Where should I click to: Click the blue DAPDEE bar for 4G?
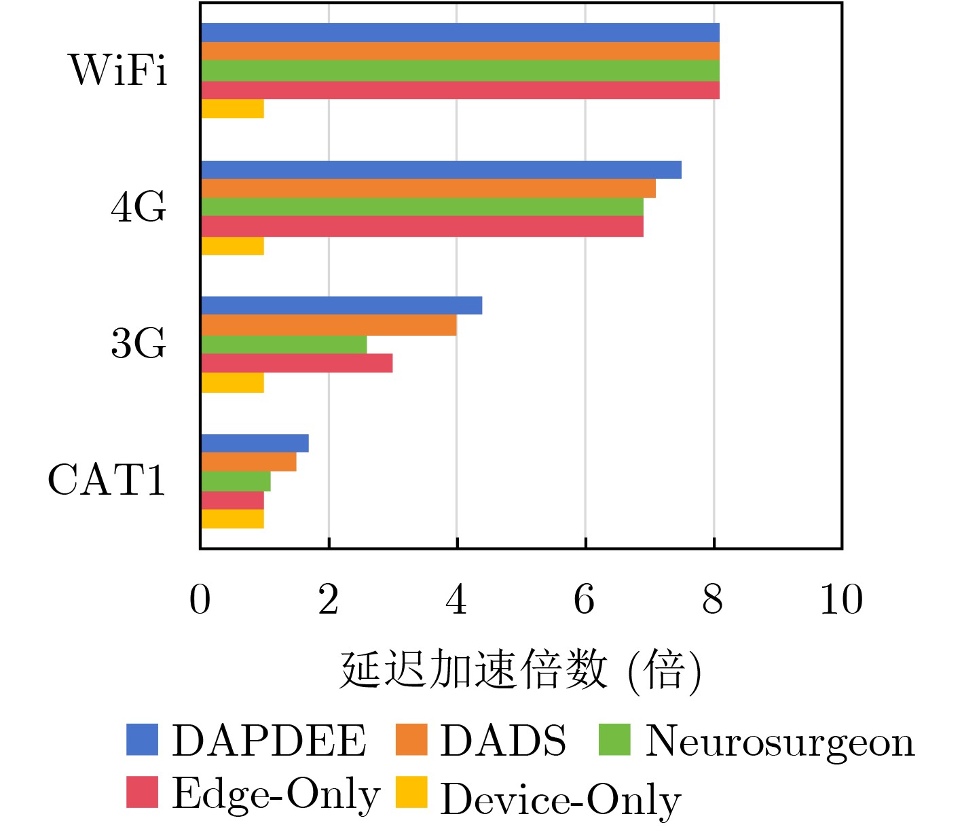click(x=441, y=170)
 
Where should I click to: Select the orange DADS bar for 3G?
click(x=329, y=325)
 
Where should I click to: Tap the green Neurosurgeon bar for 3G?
click(x=284, y=345)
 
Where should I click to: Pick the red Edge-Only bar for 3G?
click(x=297, y=364)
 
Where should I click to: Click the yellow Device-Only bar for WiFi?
click(x=233, y=109)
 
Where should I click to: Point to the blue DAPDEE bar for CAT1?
click(x=255, y=443)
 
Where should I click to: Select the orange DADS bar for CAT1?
click(x=248, y=462)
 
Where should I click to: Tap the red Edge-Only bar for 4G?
click(x=422, y=227)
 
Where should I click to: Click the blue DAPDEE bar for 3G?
click(x=341, y=306)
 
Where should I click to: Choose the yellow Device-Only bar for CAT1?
click(x=233, y=519)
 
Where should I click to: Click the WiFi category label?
click(x=118, y=69)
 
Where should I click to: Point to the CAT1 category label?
click(x=107, y=480)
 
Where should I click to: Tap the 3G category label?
click(x=138, y=343)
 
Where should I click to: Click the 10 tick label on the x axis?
click(x=841, y=600)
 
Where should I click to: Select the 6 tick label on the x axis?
click(x=585, y=600)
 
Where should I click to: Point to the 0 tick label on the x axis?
click(x=200, y=600)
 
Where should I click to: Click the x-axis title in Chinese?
click(x=520, y=671)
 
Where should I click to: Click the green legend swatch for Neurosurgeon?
click(x=614, y=739)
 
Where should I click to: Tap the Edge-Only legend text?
click(x=276, y=794)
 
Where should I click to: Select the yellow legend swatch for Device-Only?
click(x=411, y=792)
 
